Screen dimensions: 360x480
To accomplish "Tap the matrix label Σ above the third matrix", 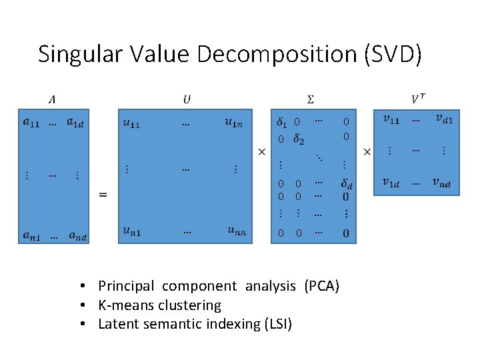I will [311, 99].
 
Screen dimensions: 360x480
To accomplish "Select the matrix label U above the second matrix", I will [187, 99].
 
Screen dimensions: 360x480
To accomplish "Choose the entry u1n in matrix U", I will [238, 122].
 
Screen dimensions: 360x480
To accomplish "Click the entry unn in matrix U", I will [237, 231].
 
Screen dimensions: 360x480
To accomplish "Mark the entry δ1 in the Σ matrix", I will [282, 122].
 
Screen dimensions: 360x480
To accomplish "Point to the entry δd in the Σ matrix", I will [346, 182].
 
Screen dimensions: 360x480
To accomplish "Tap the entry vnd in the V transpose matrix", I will [439, 183].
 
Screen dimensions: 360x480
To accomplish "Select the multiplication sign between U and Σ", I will [262, 153].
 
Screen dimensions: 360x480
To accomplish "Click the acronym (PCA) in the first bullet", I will [321, 286].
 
